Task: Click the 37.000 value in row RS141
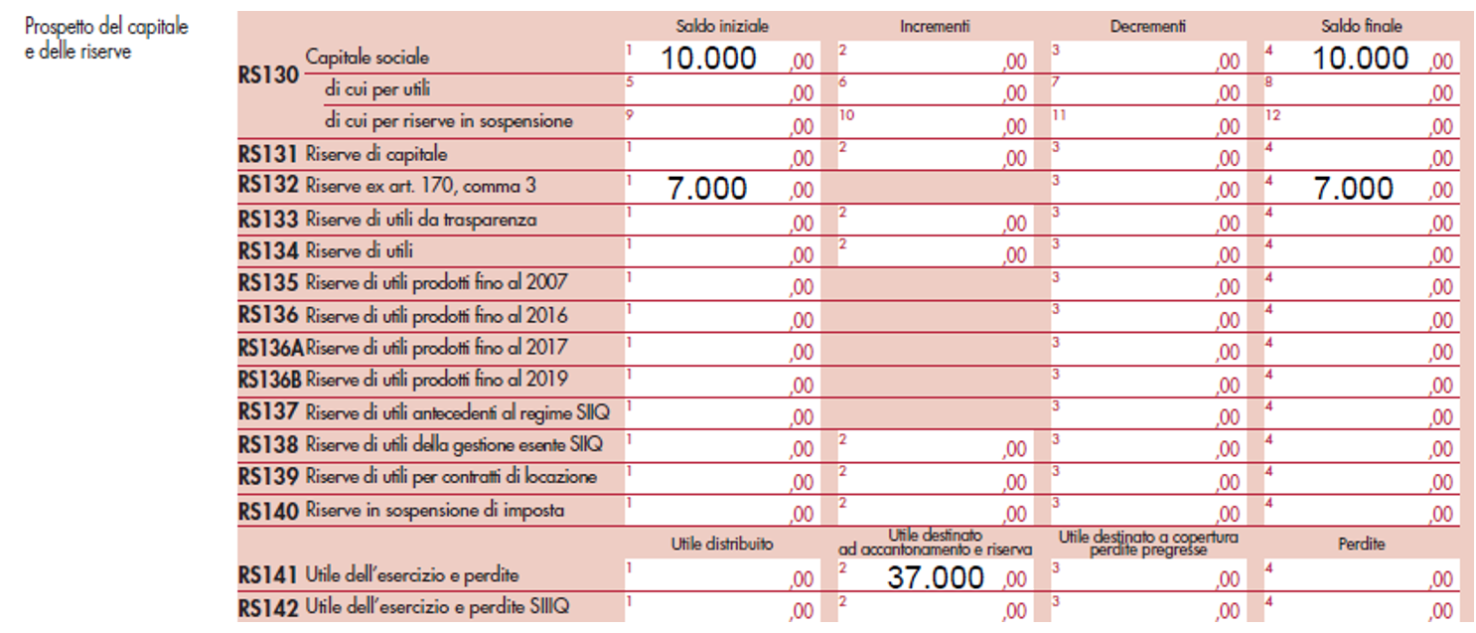[936, 577]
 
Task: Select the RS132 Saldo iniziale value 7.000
[707, 188]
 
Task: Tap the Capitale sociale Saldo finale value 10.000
[1360, 59]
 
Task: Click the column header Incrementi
[935, 27]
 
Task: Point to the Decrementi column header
[1148, 27]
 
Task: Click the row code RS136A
[270, 348]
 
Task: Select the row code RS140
[268, 511]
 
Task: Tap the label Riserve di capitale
[376, 154]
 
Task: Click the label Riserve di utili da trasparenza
[421, 220]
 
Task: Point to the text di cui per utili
[376, 89]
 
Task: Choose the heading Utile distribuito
[722, 544]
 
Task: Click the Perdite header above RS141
[1360, 544]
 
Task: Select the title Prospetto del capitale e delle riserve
[106, 39]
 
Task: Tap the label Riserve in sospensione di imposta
[435, 511]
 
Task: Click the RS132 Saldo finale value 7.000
[1353, 188]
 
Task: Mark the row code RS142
[268, 606]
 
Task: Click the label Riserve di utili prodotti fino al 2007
[437, 283]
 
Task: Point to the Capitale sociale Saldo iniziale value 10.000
[708, 59]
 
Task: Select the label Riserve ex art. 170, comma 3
[414, 186]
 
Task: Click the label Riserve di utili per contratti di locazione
[452, 477]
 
